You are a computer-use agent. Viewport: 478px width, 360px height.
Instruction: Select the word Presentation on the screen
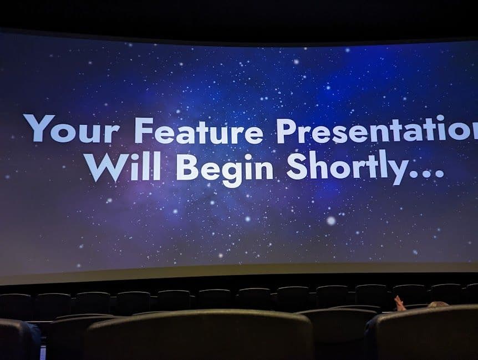click(x=377, y=130)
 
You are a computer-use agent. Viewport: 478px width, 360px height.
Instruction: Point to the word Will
click(x=125, y=166)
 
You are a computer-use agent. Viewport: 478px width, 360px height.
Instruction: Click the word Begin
click(x=225, y=168)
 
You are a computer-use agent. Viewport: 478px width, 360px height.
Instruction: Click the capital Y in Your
click(x=39, y=128)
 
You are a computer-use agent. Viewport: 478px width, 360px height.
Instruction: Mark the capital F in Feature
click(x=143, y=130)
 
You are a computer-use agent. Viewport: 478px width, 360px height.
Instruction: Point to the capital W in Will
click(x=103, y=166)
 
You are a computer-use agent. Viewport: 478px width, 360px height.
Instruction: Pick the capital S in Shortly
click(x=297, y=166)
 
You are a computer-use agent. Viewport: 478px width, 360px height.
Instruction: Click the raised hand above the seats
click(x=399, y=303)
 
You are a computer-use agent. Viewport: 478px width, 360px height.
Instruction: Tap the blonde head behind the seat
click(x=436, y=305)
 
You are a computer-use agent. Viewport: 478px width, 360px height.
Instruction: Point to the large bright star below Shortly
click(x=331, y=220)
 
